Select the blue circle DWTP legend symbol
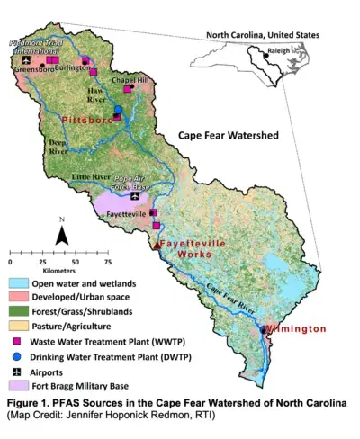click(18, 356)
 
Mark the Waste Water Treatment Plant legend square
click(18, 341)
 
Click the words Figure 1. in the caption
click(28, 402)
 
